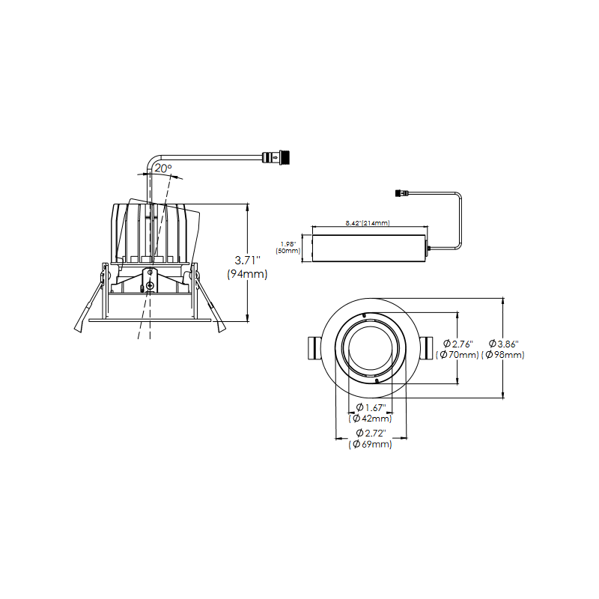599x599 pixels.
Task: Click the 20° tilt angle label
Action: coord(163,168)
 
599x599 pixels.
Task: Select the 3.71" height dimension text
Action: coord(248,260)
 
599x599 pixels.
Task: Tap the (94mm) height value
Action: coord(247,274)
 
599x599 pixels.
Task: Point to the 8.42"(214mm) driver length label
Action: coord(368,222)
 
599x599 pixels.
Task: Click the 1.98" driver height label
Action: coord(288,244)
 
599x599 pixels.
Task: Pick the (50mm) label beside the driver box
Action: coord(288,251)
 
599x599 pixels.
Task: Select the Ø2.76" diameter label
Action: coord(458,344)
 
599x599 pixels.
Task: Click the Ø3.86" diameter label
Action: coord(503,344)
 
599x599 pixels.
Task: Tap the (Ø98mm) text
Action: coord(502,355)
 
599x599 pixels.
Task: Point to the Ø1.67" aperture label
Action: coord(371,407)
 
